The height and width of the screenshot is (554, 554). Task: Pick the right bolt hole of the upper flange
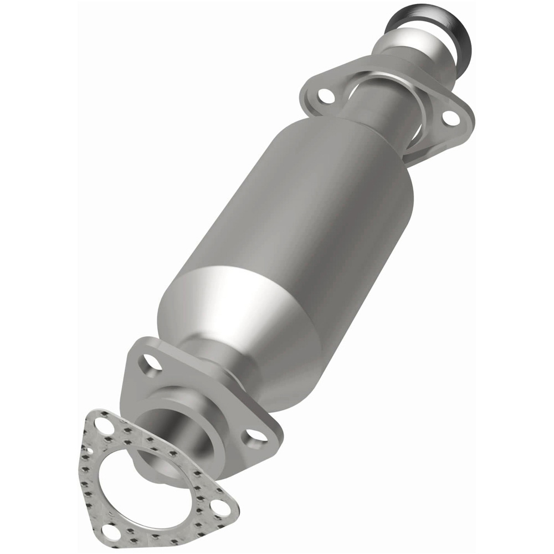click(x=450, y=117)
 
